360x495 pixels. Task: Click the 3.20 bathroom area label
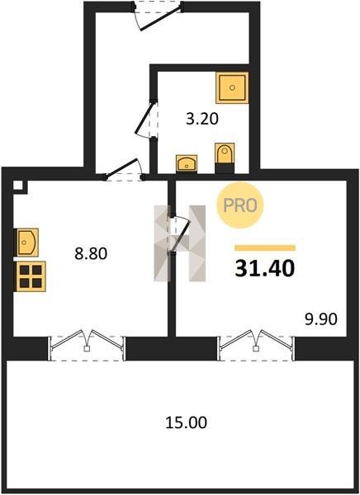click(202, 119)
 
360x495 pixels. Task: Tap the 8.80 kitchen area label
click(91, 253)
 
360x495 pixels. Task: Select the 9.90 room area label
click(321, 319)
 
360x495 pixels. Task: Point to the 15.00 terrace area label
click(186, 422)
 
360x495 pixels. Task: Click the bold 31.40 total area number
click(265, 269)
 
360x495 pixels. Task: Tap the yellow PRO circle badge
click(240, 205)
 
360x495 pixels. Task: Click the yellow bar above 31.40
click(265, 247)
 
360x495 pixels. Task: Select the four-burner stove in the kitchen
click(31, 276)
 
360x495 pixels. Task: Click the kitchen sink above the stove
click(27, 243)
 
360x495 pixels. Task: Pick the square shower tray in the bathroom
click(232, 87)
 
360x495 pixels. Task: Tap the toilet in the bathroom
click(225, 158)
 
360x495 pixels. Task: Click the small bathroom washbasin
click(187, 163)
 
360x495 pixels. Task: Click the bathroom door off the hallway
click(146, 119)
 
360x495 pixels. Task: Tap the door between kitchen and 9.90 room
click(180, 234)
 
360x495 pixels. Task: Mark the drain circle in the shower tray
click(232, 87)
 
